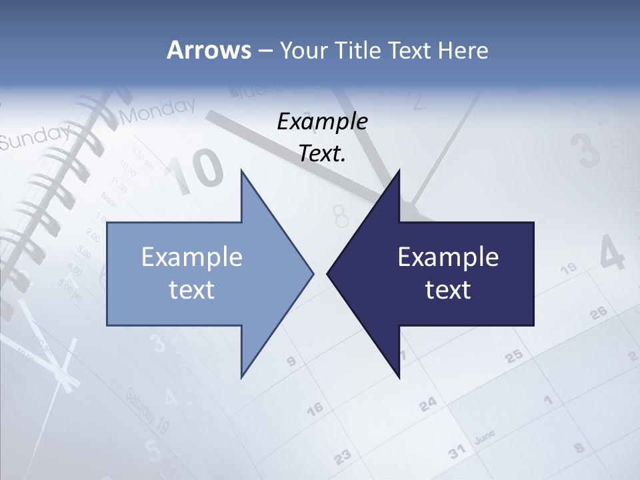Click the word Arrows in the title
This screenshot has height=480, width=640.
(208, 50)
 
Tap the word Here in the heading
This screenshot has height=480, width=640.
(463, 51)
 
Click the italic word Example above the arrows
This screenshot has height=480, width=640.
(323, 121)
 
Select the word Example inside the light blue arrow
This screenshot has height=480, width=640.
(192, 257)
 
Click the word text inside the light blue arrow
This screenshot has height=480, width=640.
(192, 290)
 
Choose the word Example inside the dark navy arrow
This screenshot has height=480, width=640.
(448, 257)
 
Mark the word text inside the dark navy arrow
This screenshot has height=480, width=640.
(448, 290)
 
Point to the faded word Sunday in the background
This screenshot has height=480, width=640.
(33, 136)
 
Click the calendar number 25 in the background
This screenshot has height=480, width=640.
(514, 357)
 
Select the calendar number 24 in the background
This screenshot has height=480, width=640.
(428, 403)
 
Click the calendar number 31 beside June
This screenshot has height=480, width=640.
(457, 452)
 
